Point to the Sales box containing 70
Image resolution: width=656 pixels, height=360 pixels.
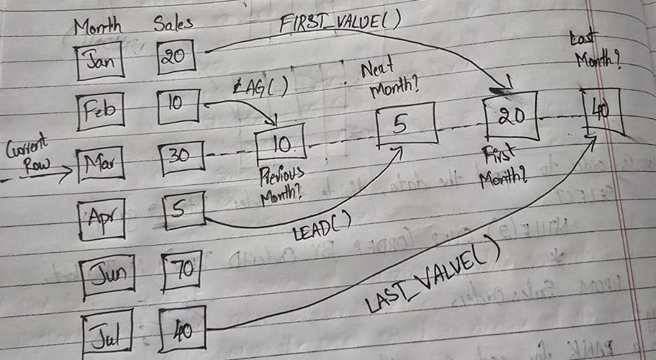tap(182, 270)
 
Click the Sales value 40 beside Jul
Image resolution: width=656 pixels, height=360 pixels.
tap(182, 328)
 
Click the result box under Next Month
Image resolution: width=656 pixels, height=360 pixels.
tap(405, 125)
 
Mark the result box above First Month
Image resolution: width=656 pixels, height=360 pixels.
tap(511, 116)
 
